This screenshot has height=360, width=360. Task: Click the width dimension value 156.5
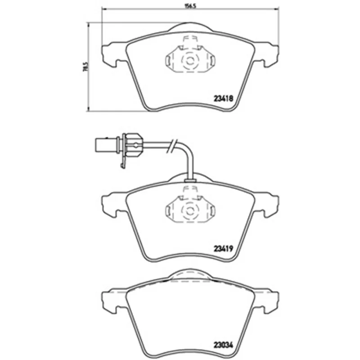190,6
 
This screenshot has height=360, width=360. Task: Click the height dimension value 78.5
85,67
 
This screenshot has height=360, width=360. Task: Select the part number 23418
223,99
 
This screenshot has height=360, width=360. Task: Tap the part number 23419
223,248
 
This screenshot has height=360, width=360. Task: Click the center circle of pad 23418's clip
189,61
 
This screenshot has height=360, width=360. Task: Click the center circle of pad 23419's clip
189,211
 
